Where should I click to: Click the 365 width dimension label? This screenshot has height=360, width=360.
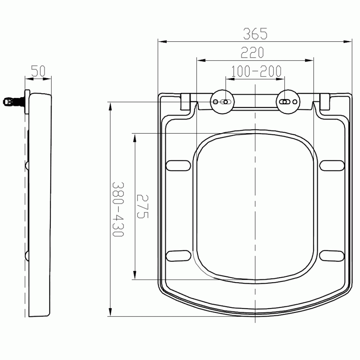click(255, 34)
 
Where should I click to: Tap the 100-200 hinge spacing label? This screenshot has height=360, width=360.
click(256, 72)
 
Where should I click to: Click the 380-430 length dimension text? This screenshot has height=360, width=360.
click(118, 209)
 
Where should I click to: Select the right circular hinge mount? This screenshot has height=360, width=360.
click(288, 102)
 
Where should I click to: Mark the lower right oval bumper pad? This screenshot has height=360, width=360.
click(332, 255)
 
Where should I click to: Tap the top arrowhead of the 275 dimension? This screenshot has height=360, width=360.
click(135, 137)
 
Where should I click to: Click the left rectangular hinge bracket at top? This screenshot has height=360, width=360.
click(186, 102)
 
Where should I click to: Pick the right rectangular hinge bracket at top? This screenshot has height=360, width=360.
click(325, 102)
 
